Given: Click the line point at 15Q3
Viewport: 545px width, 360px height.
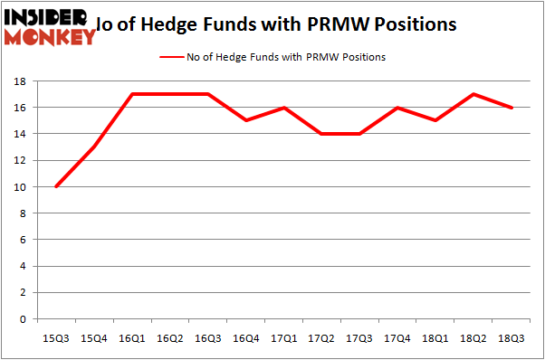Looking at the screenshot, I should tap(57, 186).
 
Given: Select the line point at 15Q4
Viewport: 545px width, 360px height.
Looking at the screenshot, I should tap(95, 147).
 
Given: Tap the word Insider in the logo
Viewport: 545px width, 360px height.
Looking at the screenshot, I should tap(50, 16).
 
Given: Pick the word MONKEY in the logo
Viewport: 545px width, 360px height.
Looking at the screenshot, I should tap(50, 37).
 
